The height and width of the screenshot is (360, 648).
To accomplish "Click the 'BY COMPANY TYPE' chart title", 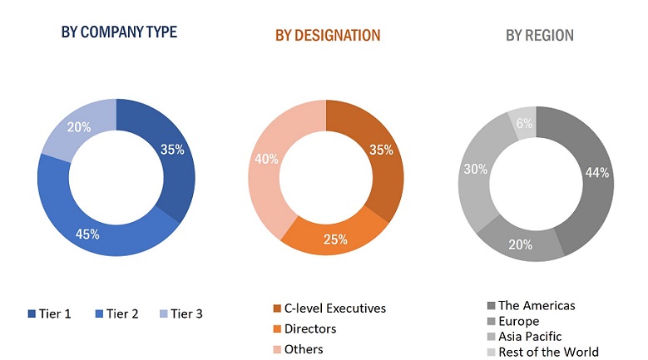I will (119, 32).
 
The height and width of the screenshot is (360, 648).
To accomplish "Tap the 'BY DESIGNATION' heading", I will (328, 36).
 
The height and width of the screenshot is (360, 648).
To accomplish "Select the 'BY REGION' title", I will (540, 36).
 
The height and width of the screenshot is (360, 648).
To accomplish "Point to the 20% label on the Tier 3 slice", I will (78, 128).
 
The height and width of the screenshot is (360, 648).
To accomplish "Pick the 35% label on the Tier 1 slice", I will (173, 150).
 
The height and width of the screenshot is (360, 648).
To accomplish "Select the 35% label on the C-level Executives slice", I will (381, 151).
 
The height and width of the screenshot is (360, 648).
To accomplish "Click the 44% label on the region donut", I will (596, 172).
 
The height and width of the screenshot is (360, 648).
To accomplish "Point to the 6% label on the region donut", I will (525, 122).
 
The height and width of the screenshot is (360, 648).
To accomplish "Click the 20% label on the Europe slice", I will (522, 244).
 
